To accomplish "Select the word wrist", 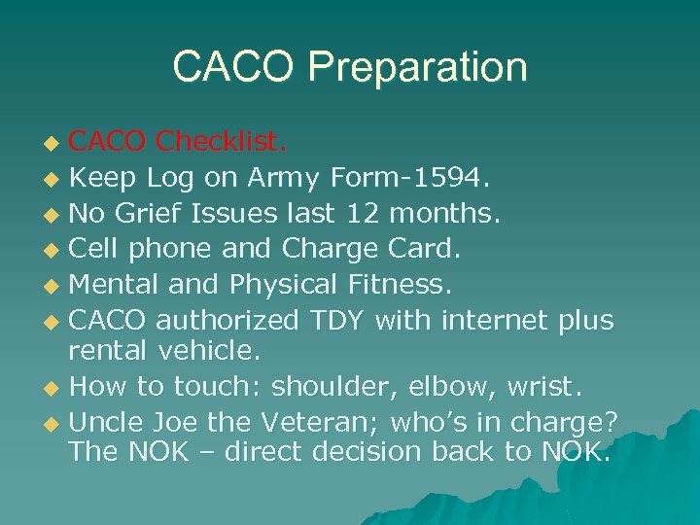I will [x=546, y=386].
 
